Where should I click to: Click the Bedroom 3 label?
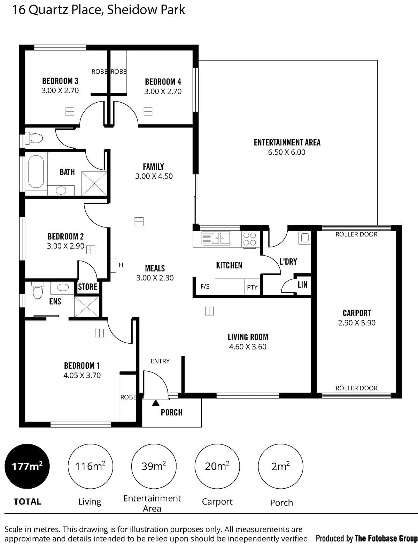(60, 81)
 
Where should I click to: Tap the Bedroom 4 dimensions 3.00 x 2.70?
(163, 92)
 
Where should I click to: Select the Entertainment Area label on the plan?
(287, 143)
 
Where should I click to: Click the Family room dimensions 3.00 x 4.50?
(154, 176)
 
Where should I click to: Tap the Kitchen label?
(229, 265)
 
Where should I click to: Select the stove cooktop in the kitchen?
(249, 239)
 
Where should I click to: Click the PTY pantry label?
(252, 287)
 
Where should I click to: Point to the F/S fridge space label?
(206, 287)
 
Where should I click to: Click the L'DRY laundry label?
(288, 262)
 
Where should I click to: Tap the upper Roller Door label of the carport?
(356, 234)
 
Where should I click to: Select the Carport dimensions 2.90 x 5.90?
(357, 323)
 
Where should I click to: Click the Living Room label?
(248, 337)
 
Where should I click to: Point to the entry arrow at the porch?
(155, 403)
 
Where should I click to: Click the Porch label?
(172, 413)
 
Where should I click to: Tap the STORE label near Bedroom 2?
(88, 287)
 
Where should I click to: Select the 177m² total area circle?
(27, 466)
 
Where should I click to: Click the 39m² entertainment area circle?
(153, 466)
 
